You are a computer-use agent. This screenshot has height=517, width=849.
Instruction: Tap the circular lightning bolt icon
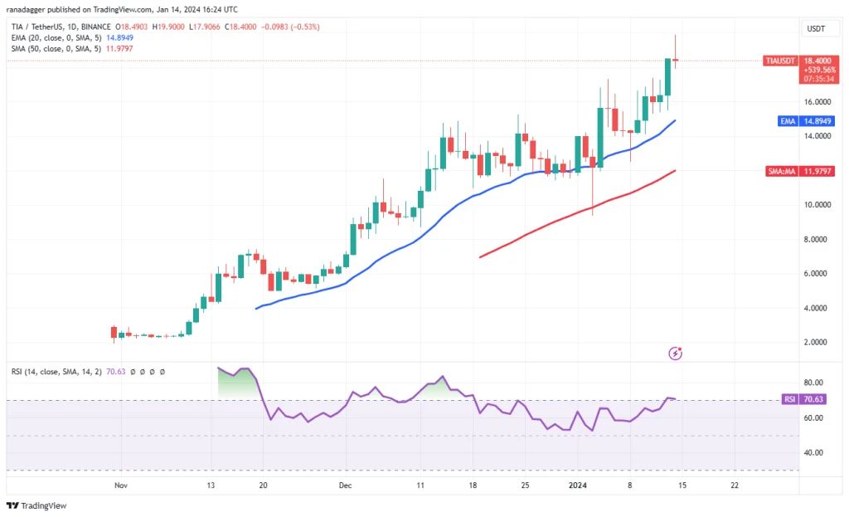pos(675,354)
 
